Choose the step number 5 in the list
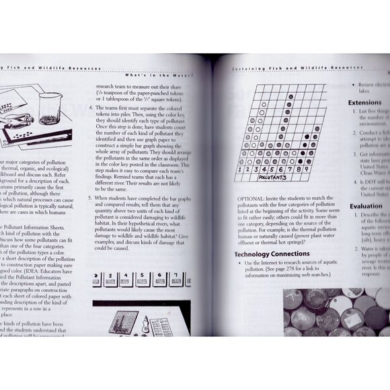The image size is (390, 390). [91, 199]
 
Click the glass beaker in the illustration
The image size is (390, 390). [48, 108]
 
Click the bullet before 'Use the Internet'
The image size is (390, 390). [240, 264]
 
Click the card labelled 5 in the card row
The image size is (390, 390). [147, 278]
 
